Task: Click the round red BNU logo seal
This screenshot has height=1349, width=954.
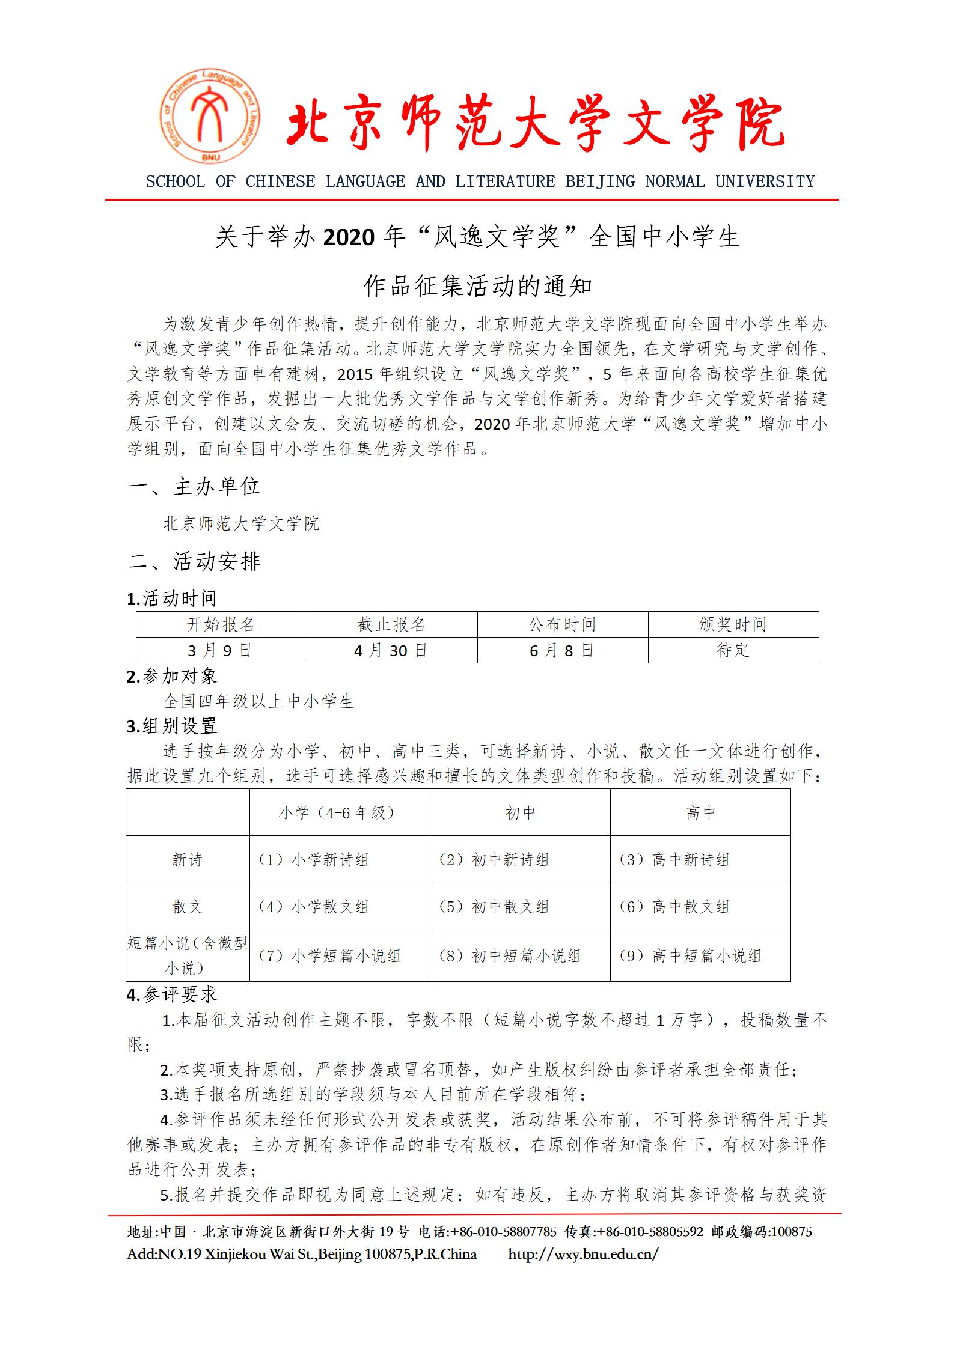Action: pos(210,117)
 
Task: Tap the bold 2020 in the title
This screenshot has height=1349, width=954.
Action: pos(349,237)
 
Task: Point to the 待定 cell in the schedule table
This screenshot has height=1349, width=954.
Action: pos(733,650)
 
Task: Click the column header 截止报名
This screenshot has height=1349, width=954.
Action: pos(391,624)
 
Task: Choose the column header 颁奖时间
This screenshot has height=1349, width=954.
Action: pos(733,624)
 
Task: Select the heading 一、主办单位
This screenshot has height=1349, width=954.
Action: pos(194,486)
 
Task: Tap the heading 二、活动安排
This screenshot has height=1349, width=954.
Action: pos(194,561)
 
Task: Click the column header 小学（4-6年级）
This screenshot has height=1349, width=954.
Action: pos(339,812)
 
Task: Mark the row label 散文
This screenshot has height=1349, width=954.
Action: pos(188,906)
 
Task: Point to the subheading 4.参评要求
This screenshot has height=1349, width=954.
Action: pos(172,994)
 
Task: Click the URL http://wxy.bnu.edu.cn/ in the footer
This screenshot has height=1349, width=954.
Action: pos(583,1254)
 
